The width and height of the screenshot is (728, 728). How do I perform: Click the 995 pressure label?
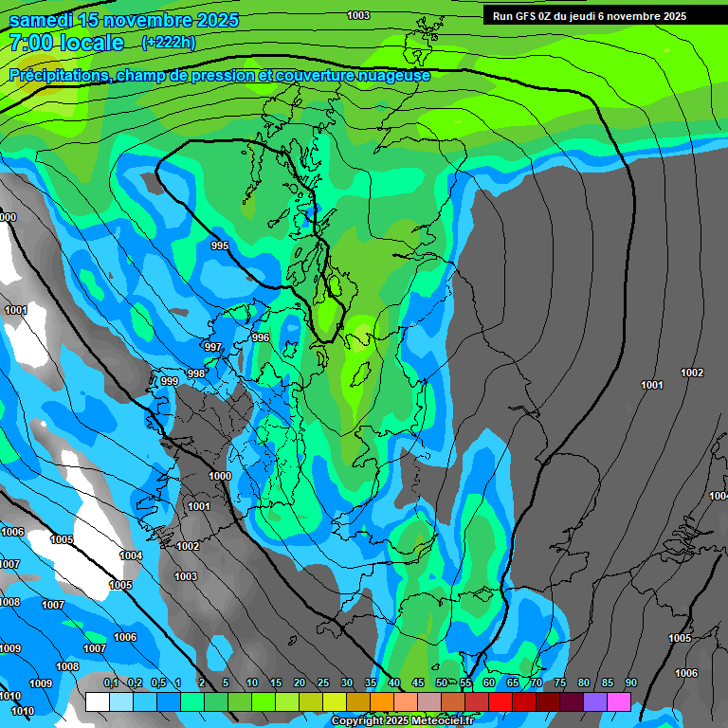point(220,246)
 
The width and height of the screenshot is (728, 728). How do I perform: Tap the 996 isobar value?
point(261,337)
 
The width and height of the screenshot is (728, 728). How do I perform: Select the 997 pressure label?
point(213,348)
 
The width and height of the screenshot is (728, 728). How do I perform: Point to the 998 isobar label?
point(195,373)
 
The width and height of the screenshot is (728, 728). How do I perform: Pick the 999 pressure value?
point(169,381)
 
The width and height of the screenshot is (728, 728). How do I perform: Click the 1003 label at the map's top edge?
point(358,15)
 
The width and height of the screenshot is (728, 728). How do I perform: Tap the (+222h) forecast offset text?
point(168,43)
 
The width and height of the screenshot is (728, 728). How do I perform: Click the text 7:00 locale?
point(66,43)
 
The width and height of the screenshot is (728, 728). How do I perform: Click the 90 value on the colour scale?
point(631,683)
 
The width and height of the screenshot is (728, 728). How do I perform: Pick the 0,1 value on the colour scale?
point(110,683)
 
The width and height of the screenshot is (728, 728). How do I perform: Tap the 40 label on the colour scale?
point(394,683)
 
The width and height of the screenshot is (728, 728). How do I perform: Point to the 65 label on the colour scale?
point(513,683)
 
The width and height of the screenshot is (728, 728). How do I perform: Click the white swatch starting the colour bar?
point(97,701)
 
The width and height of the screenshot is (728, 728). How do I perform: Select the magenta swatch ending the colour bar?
point(619,701)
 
